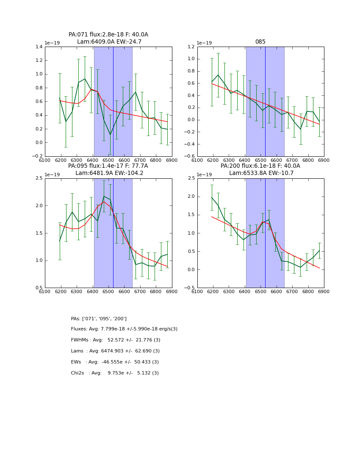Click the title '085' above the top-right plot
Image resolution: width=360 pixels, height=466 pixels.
point(260,42)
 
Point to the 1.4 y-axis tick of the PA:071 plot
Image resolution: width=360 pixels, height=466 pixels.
point(39,47)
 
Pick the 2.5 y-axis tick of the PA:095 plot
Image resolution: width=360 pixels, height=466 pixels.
point(39,178)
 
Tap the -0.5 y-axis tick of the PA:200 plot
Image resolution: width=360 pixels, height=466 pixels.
point(189,288)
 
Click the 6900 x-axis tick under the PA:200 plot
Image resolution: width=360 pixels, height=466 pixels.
point(324,291)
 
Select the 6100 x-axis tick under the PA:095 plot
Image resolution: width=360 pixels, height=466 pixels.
point(45,291)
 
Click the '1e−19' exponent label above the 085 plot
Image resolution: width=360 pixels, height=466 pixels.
point(204,43)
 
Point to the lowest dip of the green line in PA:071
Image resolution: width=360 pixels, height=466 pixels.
point(110,135)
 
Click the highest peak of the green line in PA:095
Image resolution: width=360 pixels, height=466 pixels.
point(104,196)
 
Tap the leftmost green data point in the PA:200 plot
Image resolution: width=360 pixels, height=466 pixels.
point(212,197)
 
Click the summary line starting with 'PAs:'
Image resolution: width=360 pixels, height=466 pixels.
point(99,319)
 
